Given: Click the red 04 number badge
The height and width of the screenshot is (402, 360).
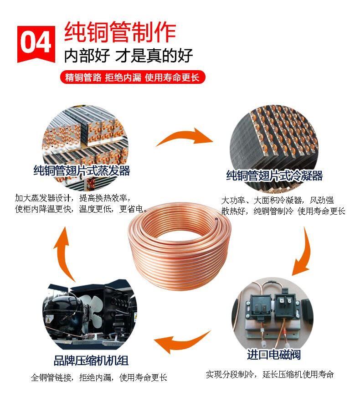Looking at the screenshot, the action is click(x=36, y=44).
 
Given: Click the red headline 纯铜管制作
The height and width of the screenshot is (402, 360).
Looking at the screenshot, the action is click(x=120, y=32).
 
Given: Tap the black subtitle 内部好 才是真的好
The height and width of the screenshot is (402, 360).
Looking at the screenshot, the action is click(x=128, y=55).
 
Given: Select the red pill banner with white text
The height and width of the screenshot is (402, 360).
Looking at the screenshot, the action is click(x=133, y=77).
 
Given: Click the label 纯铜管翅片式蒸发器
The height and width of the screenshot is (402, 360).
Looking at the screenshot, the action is click(x=82, y=170).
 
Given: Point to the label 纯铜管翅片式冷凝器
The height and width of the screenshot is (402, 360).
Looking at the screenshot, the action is click(x=274, y=175).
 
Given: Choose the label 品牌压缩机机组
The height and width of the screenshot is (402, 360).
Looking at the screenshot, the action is click(x=91, y=360).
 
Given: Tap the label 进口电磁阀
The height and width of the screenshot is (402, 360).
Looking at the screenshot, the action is click(x=273, y=355).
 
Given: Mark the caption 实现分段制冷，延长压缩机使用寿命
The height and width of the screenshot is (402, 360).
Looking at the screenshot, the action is click(x=270, y=375).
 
